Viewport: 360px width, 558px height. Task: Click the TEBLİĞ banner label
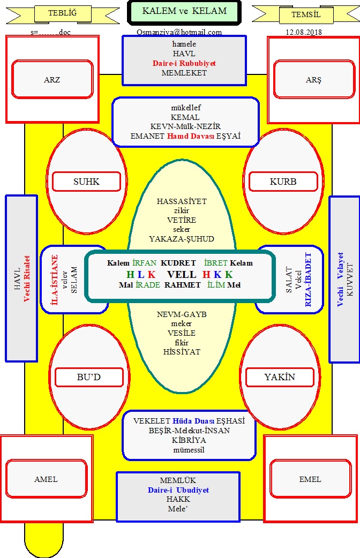(x=62, y=13)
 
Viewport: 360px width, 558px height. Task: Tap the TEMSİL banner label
(x=306, y=14)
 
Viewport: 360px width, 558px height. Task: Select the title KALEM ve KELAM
(x=184, y=11)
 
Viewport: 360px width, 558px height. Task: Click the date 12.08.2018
(x=304, y=32)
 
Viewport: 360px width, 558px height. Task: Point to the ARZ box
(x=52, y=79)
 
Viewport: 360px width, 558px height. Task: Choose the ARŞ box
(x=314, y=80)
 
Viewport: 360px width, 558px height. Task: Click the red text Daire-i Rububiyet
(x=184, y=63)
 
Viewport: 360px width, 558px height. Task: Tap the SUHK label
(x=87, y=182)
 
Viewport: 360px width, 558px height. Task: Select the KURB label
(x=283, y=182)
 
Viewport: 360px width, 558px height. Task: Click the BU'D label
(x=89, y=377)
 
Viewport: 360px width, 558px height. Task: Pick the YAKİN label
(x=280, y=377)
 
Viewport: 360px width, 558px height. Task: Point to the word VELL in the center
(x=182, y=274)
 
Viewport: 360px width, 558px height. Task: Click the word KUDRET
(x=178, y=263)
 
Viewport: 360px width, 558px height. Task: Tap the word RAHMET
(x=182, y=285)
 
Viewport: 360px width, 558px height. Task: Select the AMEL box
(x=46, y=479)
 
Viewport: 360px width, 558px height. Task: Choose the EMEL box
(x=311, y=479)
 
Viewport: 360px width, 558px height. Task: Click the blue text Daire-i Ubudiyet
(x=178, y=490)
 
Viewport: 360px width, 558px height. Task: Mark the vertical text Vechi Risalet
(x=27, y=278)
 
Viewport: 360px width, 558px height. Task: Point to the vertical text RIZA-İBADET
(x=308, y=280)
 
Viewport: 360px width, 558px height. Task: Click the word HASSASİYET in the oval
(x=182, y=201)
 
